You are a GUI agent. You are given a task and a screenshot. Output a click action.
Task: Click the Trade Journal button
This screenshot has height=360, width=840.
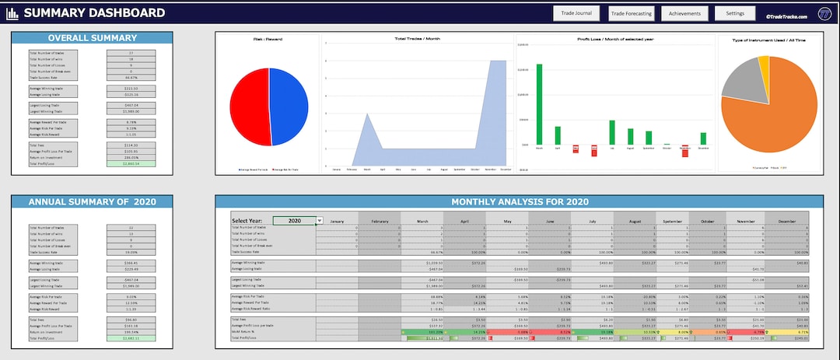coord(576,13)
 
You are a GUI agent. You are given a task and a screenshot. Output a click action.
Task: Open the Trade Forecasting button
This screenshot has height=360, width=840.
coord(630,13)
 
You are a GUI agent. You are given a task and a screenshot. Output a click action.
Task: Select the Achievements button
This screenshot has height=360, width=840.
coord(684,13)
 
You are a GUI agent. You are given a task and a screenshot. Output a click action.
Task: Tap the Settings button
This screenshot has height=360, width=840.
coord(735,13)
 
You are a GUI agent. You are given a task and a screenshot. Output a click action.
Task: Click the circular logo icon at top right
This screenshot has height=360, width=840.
coord(824,13)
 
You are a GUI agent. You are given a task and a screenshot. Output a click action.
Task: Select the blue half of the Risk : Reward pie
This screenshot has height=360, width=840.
coord(289,107)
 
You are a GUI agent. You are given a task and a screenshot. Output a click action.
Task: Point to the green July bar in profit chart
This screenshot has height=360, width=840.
coord(612,133)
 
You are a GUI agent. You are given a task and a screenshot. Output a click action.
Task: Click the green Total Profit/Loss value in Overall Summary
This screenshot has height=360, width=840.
coord(131,164)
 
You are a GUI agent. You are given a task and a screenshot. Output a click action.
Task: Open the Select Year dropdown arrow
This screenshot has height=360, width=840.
coord(320,221)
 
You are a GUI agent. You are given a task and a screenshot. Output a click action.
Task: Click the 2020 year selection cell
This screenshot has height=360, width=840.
coord(295,221)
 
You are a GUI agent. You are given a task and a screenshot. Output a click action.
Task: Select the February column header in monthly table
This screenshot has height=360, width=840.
coord(379,221)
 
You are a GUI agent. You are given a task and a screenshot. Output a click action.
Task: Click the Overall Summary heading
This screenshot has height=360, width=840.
coord(92,38)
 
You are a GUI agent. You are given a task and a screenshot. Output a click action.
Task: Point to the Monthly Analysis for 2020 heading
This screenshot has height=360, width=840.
coord(519,202)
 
